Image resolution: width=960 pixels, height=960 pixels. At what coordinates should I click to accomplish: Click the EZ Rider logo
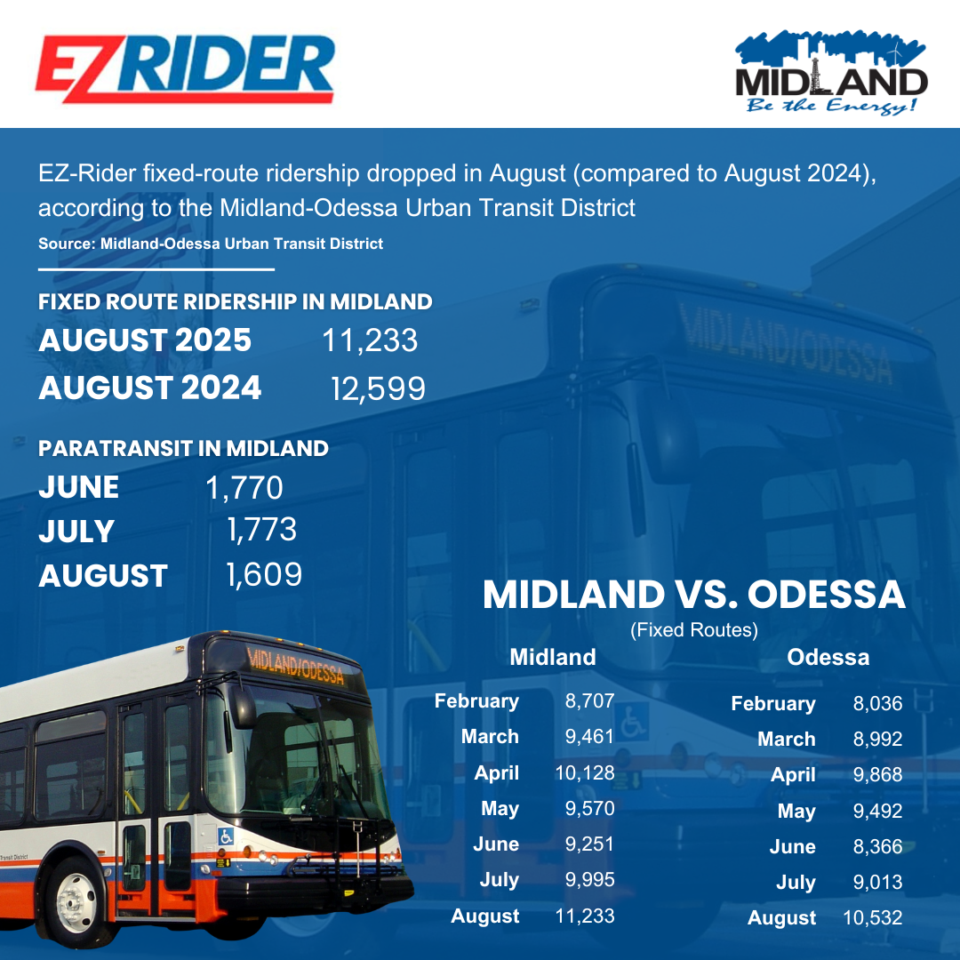coord(185,69)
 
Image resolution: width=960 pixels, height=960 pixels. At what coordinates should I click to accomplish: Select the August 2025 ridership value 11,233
coord(370,340)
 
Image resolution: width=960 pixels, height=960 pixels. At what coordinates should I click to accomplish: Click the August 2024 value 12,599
coord(378,388)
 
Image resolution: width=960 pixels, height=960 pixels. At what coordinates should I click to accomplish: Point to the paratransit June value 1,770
coord(244,487)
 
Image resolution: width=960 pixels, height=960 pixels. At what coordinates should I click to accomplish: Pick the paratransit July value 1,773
coord(261,531)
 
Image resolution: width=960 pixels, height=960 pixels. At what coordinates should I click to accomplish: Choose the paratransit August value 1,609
coord(264,575)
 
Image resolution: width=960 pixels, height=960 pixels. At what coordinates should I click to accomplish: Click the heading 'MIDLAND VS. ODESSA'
coord(693,595)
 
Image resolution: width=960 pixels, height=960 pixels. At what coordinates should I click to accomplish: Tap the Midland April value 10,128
coord(584,772)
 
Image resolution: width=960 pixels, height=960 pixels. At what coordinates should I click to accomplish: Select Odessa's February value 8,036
coord(877,704)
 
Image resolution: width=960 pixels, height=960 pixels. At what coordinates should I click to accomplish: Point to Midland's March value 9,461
coord(589,737)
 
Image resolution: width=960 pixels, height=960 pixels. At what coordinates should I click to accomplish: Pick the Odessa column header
coord(828,658)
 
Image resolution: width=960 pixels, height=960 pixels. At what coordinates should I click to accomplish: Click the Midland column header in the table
coord(552,658)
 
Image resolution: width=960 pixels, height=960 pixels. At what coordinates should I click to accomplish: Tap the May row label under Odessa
coord(796,812)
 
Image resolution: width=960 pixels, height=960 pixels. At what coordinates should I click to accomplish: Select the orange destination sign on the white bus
coord(295,665)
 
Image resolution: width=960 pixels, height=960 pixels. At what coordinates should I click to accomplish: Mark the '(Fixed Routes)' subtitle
coord(693,630)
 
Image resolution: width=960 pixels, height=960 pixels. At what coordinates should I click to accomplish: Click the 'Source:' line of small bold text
coord(211,244)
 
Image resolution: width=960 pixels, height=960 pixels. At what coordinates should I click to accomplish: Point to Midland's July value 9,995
coord(589,880)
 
